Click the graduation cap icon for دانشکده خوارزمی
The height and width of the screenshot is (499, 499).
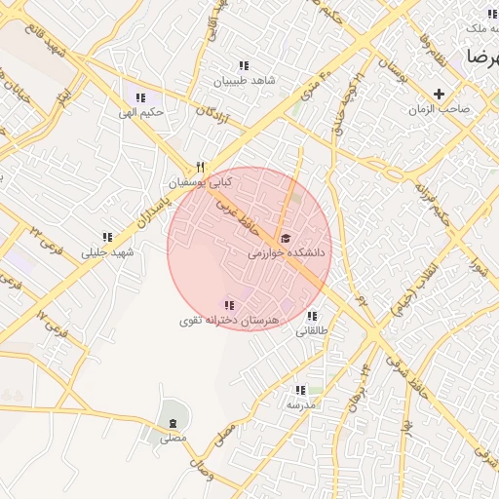(285, 238)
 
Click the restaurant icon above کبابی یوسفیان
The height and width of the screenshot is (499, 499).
(201, 167)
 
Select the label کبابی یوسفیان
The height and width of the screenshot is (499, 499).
(201, 182)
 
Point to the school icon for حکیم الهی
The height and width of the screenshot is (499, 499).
(141, 97)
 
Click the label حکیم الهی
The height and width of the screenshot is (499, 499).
(141, 112)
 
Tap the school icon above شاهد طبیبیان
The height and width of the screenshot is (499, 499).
(243, 65)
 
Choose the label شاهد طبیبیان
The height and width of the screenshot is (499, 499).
(243, 80)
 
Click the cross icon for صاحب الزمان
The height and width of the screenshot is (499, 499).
(440, 95)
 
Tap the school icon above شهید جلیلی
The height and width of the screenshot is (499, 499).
(107, 237)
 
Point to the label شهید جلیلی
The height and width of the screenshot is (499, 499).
(107, 252)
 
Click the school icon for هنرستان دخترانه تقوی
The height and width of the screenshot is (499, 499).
(230, 305)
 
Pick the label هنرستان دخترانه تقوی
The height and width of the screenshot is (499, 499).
(230, 320)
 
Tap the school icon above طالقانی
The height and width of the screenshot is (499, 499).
(312, 317)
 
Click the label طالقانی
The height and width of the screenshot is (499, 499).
(312, 331)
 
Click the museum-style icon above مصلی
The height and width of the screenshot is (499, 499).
(173, 423)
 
